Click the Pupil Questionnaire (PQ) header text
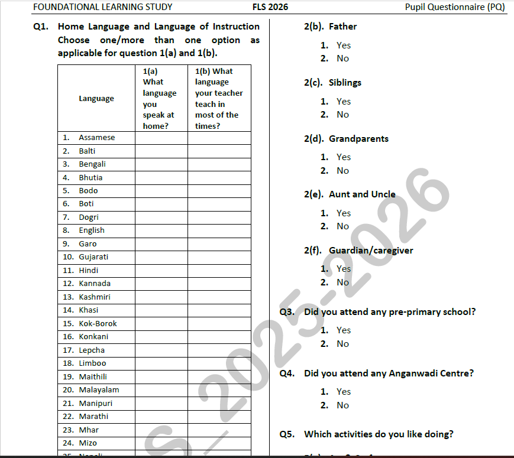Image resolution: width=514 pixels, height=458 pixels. (x=455, y=7)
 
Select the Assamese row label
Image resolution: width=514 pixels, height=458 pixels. (x=97, y=138)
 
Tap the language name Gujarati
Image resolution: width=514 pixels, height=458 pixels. (x=93, y=257)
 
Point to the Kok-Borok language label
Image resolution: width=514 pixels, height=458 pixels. (x=98, y=324)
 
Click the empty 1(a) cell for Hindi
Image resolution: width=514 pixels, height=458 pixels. (x=161, y=270)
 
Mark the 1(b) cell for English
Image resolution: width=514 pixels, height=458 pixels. (x=219, y=230)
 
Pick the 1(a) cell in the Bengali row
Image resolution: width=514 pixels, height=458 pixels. (x=161, y=164)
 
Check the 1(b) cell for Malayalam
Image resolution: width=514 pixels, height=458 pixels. (x=219, y=390)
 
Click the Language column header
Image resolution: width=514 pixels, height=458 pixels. (x=96, y=99)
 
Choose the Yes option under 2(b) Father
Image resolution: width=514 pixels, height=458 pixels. (x=343, y=46)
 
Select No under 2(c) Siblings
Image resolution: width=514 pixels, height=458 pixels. (x=342, y=115)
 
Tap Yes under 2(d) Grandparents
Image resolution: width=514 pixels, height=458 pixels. (x=343, y=157)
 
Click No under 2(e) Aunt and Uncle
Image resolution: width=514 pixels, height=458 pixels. (x=342, y=226)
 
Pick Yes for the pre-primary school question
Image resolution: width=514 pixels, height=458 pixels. (x=343, y=330)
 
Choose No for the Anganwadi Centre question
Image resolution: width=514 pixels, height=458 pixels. (x=342, y=405)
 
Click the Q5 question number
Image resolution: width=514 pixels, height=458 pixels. (x=287, y=434)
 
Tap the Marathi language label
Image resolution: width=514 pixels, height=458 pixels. (x=93, y=417)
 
